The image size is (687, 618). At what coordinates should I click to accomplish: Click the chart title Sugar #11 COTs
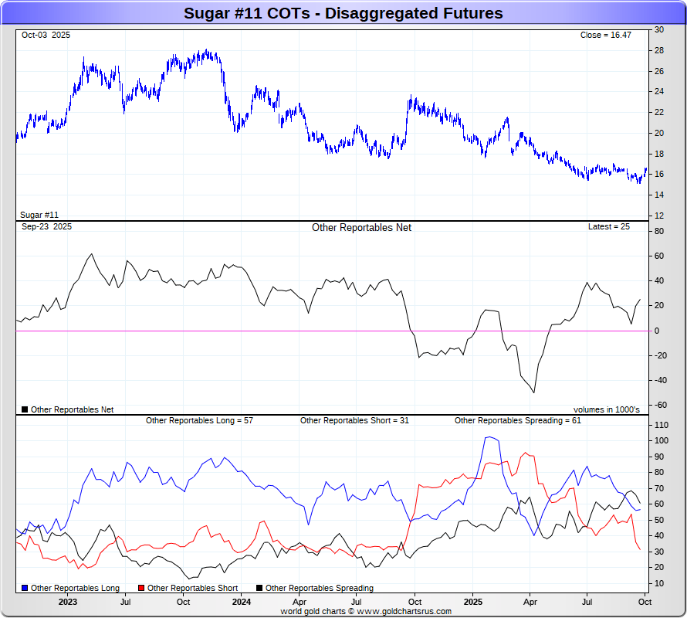(343, 13)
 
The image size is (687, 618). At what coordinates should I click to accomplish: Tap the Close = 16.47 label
(605, 36)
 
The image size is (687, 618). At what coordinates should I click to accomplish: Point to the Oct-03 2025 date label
(46, 36)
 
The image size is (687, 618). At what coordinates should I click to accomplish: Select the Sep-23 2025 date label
(46, 227)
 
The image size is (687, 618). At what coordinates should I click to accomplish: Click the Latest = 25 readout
(608, 227)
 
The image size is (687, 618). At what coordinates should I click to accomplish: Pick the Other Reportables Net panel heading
(361, 228)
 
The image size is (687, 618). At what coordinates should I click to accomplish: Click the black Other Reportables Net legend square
(25, 409)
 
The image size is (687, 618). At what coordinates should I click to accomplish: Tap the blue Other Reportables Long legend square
(25, 589)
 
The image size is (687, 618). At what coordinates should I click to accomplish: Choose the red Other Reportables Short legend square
(141, 589)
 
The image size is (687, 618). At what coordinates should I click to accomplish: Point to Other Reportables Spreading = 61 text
(517, 421)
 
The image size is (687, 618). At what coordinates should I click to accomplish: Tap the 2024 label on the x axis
(242, 601)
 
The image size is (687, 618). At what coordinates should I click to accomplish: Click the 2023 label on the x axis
(67, 601)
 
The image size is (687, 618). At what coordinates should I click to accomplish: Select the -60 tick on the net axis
(660, 405)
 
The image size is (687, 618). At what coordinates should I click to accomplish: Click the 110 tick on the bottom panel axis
(661, 426)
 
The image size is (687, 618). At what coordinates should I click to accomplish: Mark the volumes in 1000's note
(606, 409)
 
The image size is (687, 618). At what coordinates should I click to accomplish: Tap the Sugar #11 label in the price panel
(39, 215)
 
